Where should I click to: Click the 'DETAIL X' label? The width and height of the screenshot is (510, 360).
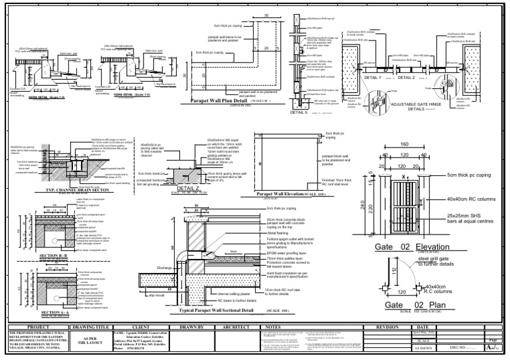(299, 113)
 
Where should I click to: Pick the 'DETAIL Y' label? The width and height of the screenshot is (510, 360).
(373, 78)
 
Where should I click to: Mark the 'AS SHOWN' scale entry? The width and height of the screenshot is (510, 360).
(424, 347)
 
